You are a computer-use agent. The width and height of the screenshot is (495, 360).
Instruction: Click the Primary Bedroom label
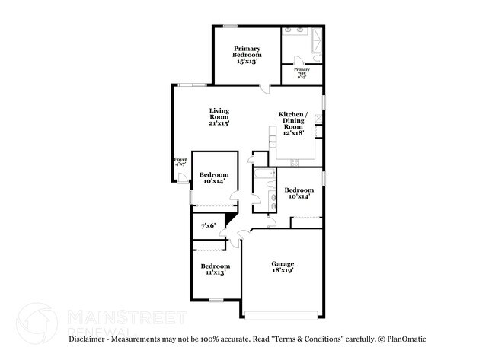(x=247, y=55)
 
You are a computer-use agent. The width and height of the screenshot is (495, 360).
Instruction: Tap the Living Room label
(x=219, y=116)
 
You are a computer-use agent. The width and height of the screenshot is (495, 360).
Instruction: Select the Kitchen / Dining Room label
(x=293, y=123)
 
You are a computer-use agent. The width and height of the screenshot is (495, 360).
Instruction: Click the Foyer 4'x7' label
(x=180, y=162)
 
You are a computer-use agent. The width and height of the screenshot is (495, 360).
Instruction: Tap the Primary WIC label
(x=301, y=73)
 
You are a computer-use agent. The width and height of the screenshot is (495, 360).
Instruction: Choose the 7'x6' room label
(x=208, y=225)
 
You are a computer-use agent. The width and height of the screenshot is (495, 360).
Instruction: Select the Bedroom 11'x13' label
(x=215, y=269)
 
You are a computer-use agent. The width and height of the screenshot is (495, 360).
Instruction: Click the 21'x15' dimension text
(x=219, y=123)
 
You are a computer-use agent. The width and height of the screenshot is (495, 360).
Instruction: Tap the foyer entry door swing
(x=183, y=178)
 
